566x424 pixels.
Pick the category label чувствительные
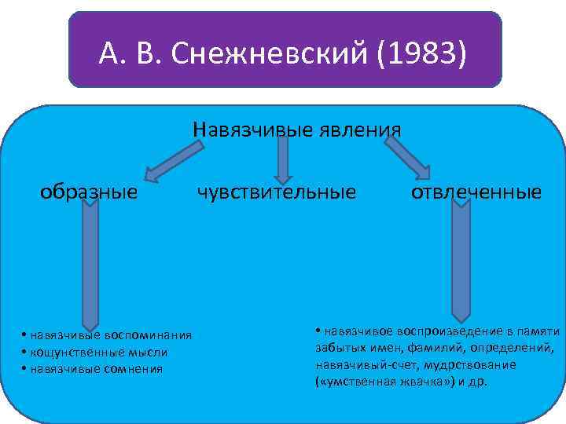276,192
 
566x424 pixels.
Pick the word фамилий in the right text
436,348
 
